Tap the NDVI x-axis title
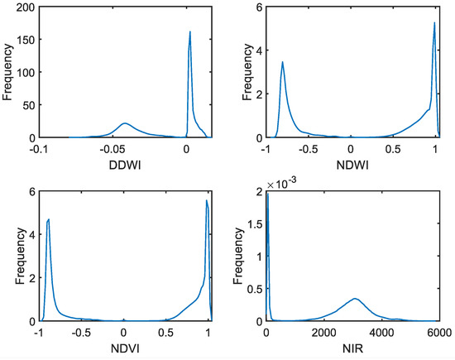[123, 343]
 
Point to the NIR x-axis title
[352, 343]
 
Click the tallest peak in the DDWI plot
[190, 32]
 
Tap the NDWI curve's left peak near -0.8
[283, 62]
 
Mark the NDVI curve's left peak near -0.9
[50, 219]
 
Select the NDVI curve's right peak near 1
[206, 200]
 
